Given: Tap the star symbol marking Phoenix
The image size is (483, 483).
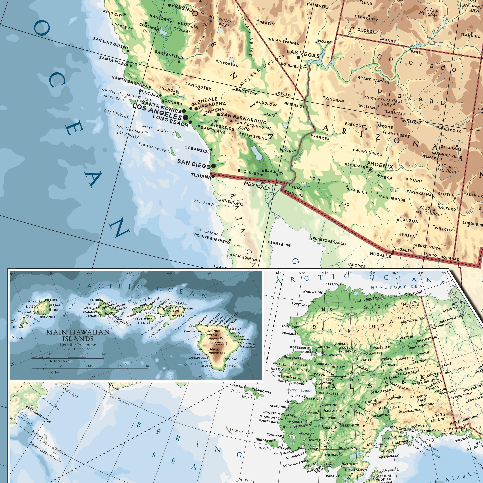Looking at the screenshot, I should [x=370, y=170].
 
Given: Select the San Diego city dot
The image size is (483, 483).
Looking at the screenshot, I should [x=213, y=166].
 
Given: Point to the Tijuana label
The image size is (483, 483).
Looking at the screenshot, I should [x=201, y=176].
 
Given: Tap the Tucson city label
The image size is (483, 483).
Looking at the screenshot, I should [x=409, y=221].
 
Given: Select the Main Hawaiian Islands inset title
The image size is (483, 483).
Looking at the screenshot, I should [x=78, y=335].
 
